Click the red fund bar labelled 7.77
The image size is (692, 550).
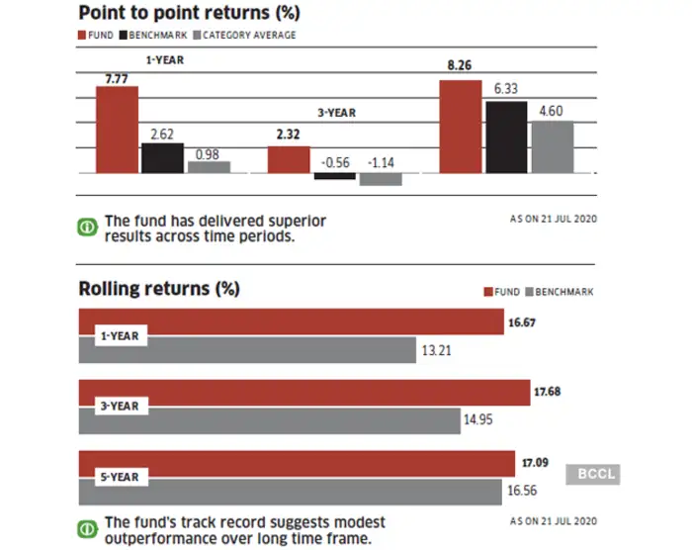click(117, 130)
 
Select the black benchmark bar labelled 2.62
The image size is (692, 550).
click(162, 158)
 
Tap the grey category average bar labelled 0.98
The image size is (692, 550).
click(209, 167)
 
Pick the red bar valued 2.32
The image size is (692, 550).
click(289, 159)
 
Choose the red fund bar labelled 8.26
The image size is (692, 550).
click(460, 127)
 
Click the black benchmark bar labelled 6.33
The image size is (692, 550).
click(506, 137)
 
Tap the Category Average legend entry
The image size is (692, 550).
click(248, 36)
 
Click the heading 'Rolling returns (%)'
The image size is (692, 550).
click(159, 290)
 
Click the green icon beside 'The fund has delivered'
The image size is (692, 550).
click(87, 227)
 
